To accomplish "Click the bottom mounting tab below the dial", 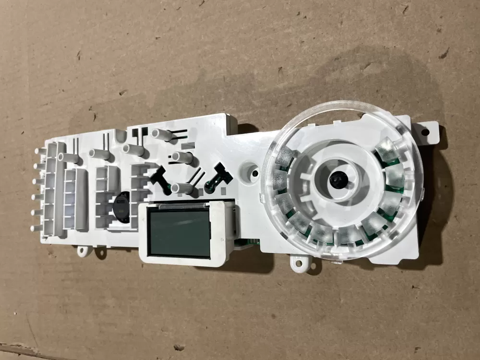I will [299, 262].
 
